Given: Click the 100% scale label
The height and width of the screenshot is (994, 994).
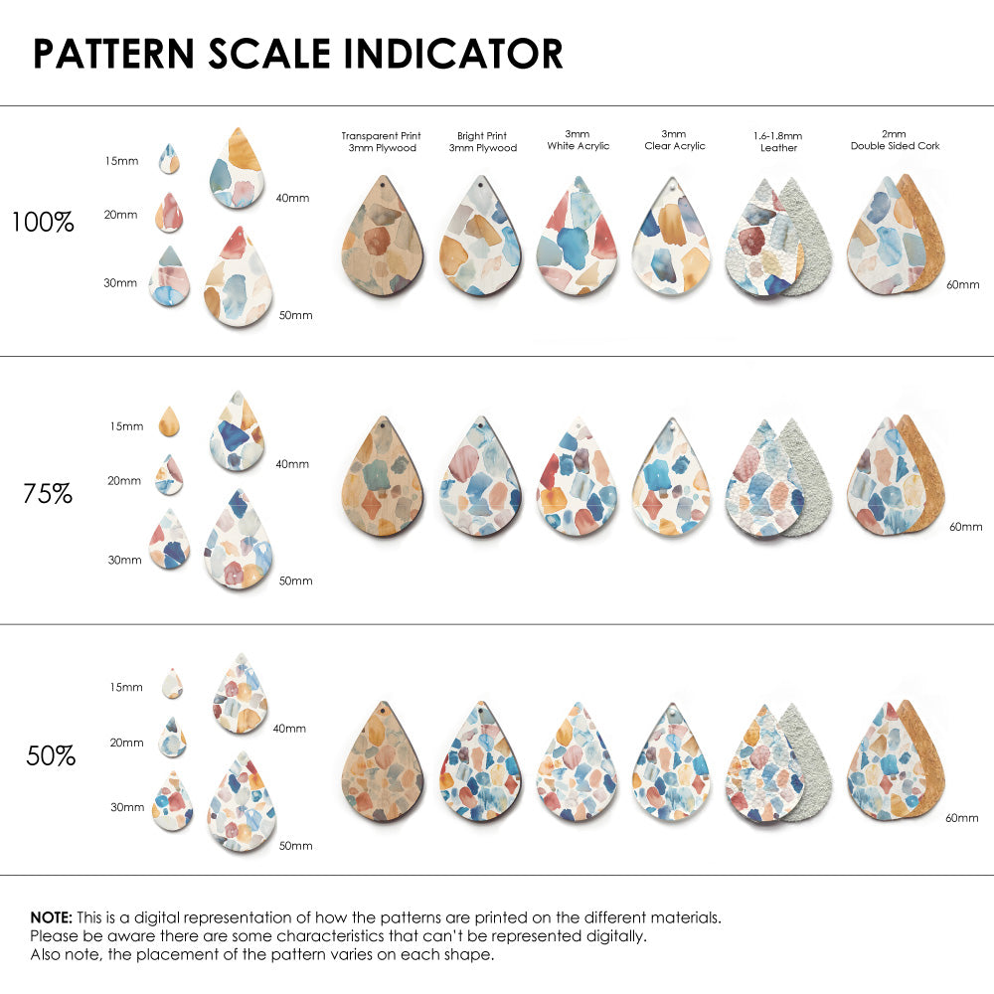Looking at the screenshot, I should click(x=43, y=223).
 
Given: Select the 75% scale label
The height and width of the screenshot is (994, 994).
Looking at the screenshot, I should click(x=48, y=493).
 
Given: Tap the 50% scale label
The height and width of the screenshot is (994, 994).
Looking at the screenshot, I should click(x=51, y=756).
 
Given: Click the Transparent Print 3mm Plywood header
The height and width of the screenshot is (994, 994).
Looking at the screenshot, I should click(x=381, y=141).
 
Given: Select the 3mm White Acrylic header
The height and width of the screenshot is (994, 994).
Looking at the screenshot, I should click(x=578, y=140).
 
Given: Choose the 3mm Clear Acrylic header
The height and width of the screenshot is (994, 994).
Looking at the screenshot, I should click(x=674, y=140).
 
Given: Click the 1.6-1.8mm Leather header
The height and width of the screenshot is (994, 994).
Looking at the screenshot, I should click(x=778, y=141).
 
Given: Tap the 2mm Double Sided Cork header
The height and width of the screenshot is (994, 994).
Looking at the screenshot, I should click(x=895, y=140).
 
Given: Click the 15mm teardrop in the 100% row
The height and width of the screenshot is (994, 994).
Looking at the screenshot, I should click(x=169, y=159).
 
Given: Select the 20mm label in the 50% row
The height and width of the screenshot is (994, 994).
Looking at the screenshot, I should click(x=126, y=743).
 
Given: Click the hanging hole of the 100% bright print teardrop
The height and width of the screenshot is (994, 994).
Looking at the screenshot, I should click(x=480, y=186).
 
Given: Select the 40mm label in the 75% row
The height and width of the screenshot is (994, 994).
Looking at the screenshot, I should click(x=291, y=463).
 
